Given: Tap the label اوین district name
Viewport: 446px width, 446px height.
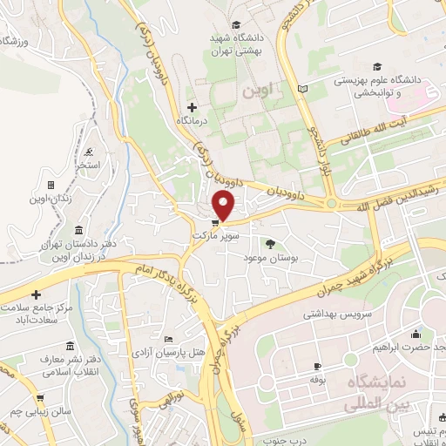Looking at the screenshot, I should tap(280, 89).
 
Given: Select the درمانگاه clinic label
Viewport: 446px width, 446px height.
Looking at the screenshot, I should tap(191, 122).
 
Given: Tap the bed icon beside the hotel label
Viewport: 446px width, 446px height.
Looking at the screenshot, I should tap(168, 338).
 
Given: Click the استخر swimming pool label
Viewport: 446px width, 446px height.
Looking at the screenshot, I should tap(87, 165).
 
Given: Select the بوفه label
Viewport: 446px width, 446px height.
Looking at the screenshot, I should tap(317, 380).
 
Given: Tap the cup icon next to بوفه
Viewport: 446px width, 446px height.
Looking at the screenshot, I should tap(317, 366).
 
